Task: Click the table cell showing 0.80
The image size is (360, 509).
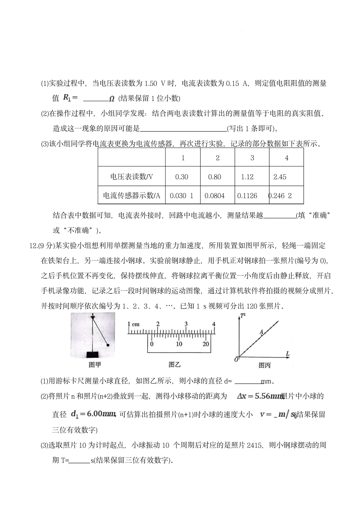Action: point(215,177)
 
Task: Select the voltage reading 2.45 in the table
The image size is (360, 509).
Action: point(280,177)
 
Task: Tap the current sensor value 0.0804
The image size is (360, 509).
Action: point(215,196)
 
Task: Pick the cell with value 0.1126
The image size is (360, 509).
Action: point(247,196)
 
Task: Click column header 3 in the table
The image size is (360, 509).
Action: point(252,158)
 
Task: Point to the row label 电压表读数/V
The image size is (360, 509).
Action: point(132,177)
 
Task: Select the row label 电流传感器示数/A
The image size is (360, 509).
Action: point(132,196)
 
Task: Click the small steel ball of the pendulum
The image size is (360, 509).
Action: point(108,345)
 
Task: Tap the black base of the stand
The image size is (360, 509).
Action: point(93,354)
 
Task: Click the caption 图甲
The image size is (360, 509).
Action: point(95,365)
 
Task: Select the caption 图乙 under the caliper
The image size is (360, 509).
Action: point(175,364)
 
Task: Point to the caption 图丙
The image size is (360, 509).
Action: point(265,365)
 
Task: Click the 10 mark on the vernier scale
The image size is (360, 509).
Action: point(179,344)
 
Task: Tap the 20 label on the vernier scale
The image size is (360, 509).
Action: point(206,344)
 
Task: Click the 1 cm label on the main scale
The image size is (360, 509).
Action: point(133,324)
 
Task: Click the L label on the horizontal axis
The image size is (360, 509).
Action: point(287,353)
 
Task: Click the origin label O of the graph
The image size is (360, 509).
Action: point(236,359)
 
